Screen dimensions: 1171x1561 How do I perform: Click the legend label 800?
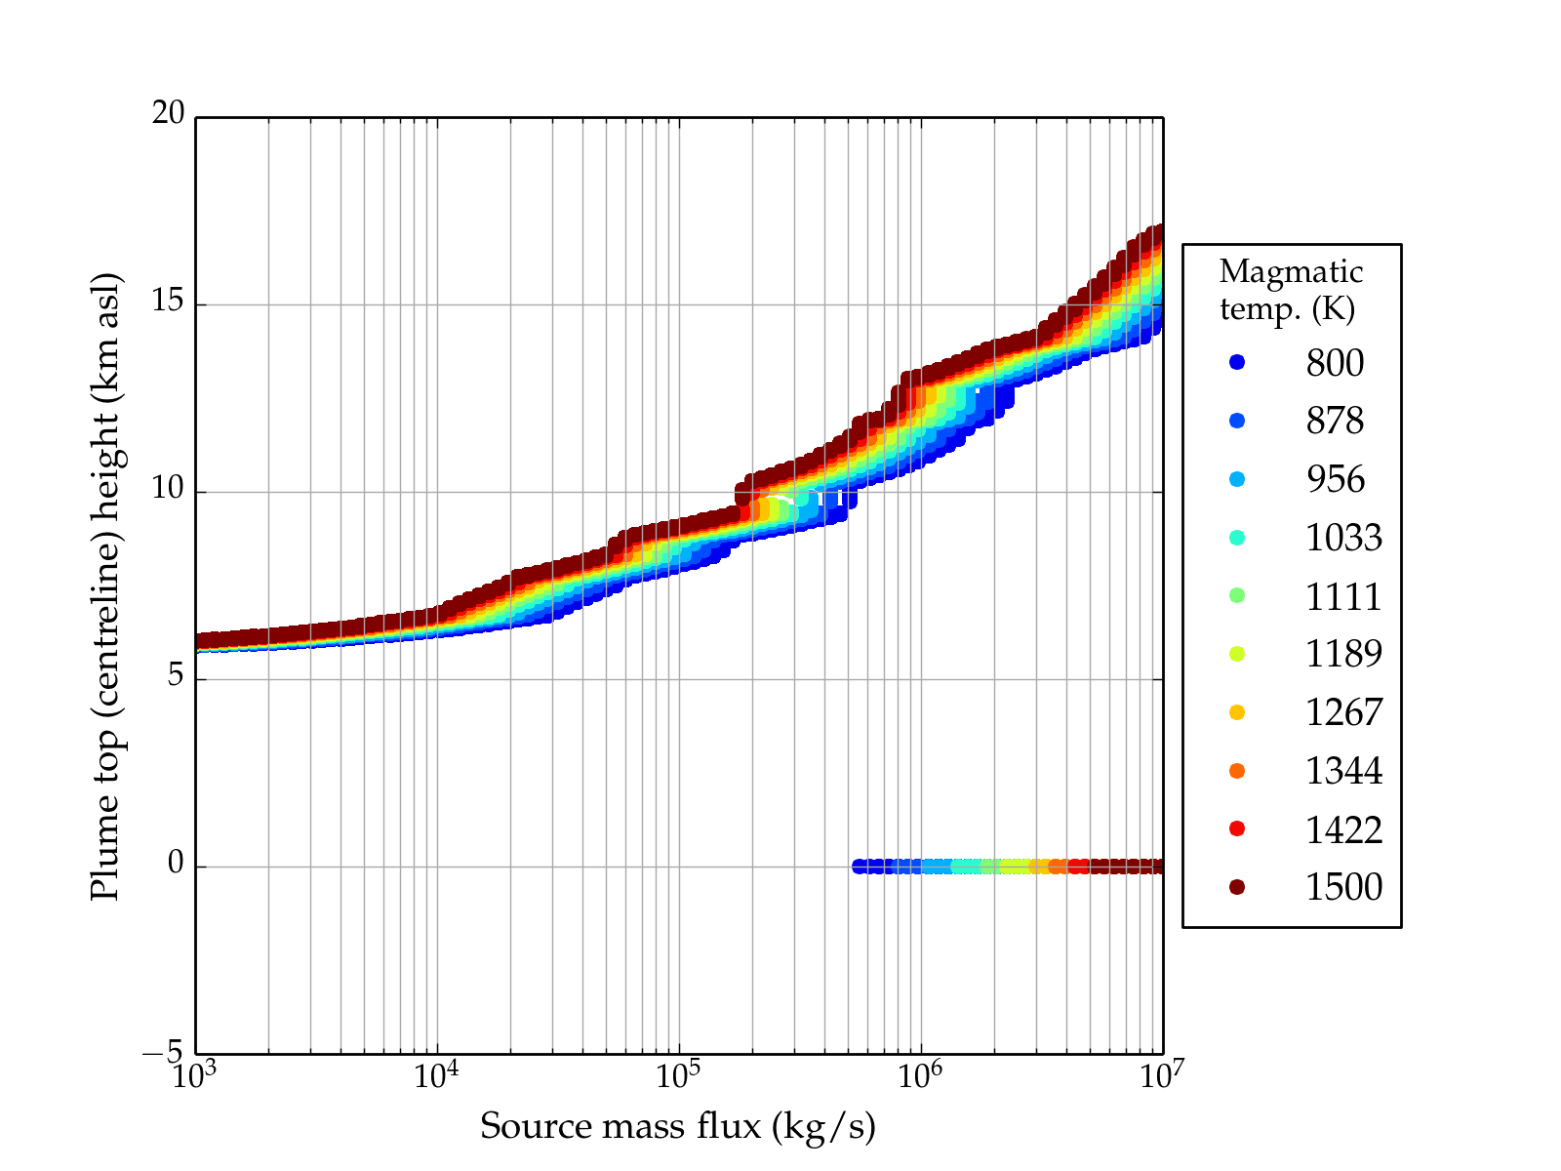click(1335, 363)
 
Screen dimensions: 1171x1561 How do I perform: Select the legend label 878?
click(1335, 421)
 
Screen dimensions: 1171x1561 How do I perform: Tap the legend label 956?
click(1335, 479)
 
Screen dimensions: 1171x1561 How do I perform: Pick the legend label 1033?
click(1343, 538)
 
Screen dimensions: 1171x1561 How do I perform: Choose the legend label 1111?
click(1343, 596)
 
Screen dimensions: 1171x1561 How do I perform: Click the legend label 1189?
click(1343, 654)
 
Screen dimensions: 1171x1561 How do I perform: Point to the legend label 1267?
click(1343, 712)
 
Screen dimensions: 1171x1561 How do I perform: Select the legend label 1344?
click(1343, 771)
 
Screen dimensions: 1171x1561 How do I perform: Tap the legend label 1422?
click(1343, 829)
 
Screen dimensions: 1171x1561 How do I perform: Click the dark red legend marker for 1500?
click(1237, 887)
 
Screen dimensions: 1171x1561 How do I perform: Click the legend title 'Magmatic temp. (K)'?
click(1291, 290)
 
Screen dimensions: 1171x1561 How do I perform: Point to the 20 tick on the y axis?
click(168, 114)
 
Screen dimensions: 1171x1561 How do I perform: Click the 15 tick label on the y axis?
click(168, 302)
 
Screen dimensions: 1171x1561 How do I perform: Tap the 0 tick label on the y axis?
click(176, 864)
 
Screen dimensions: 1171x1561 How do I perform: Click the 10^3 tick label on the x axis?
click(195, 1075)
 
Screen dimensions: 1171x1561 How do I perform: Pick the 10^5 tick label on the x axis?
click(679, 1075)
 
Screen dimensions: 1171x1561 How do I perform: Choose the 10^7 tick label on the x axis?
click(1162, 1075)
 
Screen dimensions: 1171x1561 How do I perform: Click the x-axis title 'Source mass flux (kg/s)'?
click(678, 1126)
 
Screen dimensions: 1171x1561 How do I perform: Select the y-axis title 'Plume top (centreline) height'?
click(104, 585)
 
